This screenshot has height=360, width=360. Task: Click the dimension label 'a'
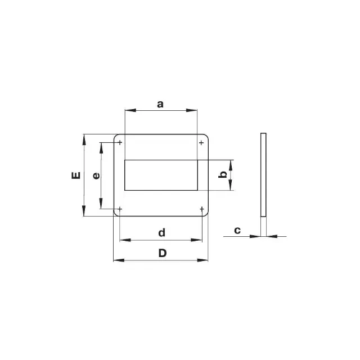[160, 104]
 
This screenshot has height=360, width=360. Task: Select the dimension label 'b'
[223, 174]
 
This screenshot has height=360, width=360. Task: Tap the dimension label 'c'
[237, 230]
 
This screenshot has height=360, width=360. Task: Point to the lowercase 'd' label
[162, 232]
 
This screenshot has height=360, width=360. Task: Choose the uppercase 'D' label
[163, 253]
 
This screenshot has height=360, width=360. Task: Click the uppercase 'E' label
[76, 175]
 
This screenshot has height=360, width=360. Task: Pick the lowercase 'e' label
[96, 176]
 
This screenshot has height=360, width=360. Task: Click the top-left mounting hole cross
[120, 142]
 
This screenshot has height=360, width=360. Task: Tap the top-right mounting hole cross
[201, 143]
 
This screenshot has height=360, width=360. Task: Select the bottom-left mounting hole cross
[120, 209]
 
